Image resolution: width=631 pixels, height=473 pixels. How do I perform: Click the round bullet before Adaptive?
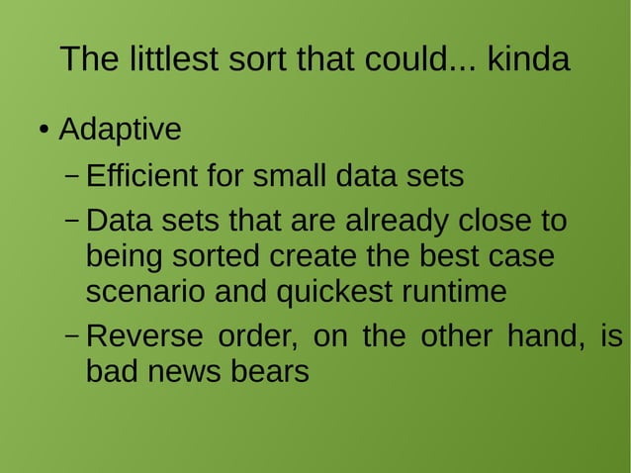pos(45,131)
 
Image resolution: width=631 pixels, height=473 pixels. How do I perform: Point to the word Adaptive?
pos(120,130)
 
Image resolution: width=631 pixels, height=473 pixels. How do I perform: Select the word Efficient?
pos(141,177)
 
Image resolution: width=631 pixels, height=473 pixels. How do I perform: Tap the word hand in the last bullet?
pos(540,336)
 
